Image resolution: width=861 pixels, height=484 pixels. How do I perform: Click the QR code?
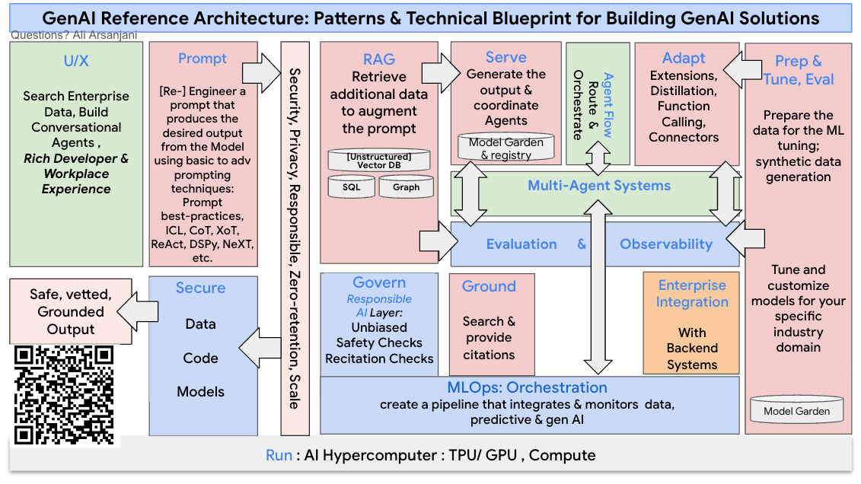click(x=64, y=395)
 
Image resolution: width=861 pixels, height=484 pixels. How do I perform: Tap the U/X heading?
click(x=76, y=61)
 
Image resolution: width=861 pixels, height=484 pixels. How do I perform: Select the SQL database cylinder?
click(x=351, y=187)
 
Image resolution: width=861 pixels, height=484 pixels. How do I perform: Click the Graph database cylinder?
click(x=406, y=187)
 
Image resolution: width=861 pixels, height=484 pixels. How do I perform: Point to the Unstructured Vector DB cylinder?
click(x=379, y=161)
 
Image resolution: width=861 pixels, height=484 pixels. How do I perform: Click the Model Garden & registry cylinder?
click(x=505, y=148)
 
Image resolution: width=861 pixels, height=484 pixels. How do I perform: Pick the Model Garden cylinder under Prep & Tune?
click(x=797, y=411)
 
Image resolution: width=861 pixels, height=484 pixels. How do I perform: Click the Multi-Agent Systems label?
click(x=599, y=186)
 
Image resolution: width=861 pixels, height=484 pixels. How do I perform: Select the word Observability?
click(x=665, y=244)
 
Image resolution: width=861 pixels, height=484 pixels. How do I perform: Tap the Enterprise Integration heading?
click(x=692, y=294)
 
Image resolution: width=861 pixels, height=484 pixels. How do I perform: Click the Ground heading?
click(x=489, y=286)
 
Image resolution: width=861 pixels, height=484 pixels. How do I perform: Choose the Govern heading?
click(x=379, y=282)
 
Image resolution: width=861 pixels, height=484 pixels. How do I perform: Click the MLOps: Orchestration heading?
click(x=527, y=387)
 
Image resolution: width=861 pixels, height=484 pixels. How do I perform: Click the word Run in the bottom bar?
click(x=279, y=455)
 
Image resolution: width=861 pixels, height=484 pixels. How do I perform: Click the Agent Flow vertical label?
click(x=607, y=105)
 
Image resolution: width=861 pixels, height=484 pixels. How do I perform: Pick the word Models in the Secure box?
click(x=200, y=392)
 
